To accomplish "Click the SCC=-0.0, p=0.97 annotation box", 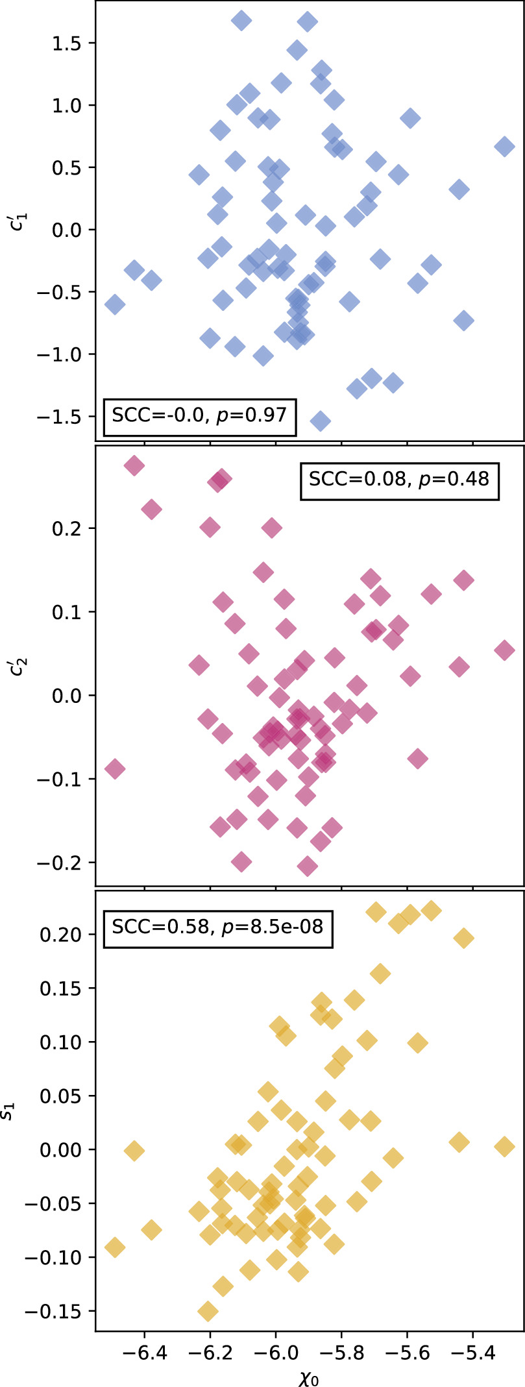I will coord(200,415).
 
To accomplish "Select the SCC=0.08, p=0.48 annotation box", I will coord(399,480).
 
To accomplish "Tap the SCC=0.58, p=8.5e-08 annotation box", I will coord(217,927).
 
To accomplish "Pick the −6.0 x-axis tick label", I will coord(275,1351).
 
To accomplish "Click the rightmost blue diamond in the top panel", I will coord(504,146).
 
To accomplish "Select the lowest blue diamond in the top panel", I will coord(319,421).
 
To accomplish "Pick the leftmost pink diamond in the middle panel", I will coord(114,769).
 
